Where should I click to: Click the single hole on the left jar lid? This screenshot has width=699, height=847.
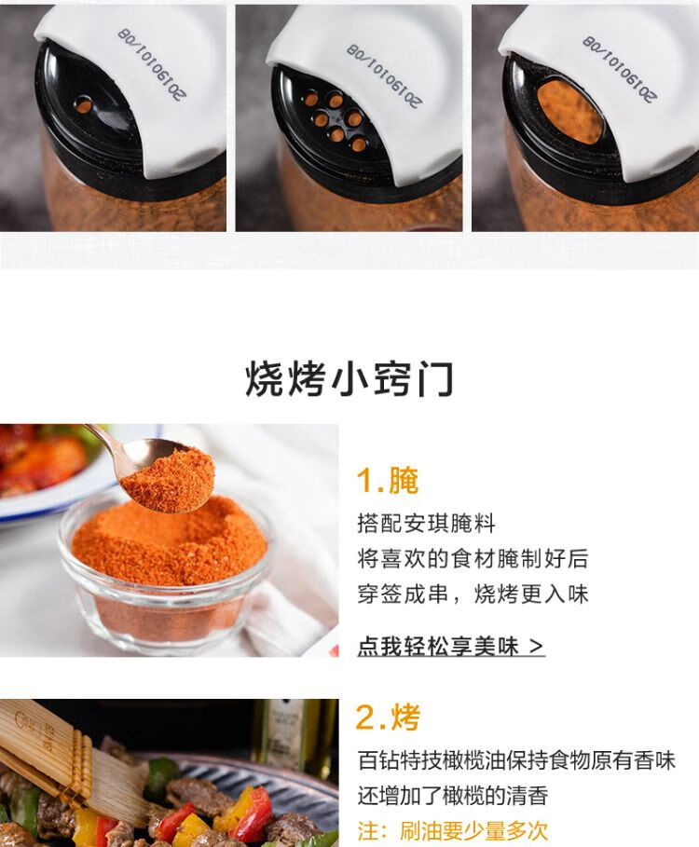[x=83, y=104]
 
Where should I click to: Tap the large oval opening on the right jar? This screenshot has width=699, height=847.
[x=569, y=113]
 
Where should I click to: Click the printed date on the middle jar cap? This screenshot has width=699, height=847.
[x=384, y=75]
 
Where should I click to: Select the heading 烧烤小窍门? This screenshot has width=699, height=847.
[x=349, y=379]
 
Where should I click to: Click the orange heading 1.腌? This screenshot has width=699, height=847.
[x=388, y=480]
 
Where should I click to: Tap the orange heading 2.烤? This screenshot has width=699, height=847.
[x=388, y=717]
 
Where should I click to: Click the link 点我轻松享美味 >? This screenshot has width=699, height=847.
[x=450, y=646]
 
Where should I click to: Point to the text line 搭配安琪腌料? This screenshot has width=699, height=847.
[x=426, y=524]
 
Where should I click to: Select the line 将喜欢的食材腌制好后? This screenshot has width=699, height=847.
[x=473, y=558]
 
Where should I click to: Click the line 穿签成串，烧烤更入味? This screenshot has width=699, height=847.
[x=473, y=594]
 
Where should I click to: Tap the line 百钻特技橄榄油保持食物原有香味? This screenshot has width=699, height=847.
[x=516, y=760]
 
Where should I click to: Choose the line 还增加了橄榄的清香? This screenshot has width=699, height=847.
[x=453, y=796]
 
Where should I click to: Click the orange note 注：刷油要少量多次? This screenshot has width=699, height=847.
[x=453, y=831]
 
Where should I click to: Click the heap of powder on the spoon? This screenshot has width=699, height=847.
[x=169, y=479]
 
